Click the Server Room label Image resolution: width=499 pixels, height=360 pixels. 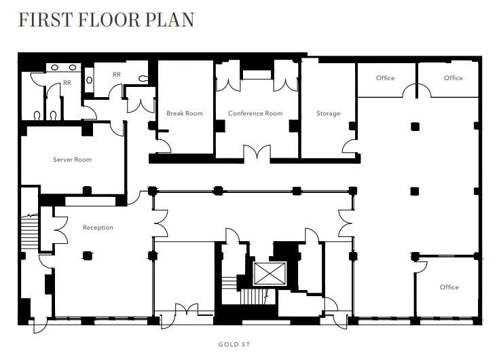pyautogui.click(x=72, y=160)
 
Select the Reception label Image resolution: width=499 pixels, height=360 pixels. pyautogui.click(x=98, y=228)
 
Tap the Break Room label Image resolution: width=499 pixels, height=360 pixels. pyautogui.click(x=185, y=113)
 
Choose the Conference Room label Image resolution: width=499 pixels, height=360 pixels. pyautogui.click(x=255, y=113)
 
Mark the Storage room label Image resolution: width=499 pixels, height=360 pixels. pyautogui.click(x=328, y=113)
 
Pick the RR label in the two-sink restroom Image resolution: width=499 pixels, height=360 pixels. pyautogui.click(x=67, y=83)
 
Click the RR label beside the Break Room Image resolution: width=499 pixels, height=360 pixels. pyautogui.click(x=117, y=75)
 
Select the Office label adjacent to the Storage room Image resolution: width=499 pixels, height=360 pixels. pyautogui.click(x=385, y=78)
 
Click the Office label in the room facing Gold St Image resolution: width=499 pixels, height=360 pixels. pyautogui.click(x=449, y=287)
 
